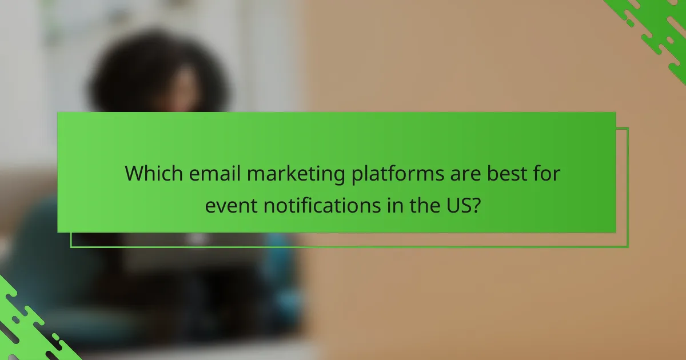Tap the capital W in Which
[134, 174]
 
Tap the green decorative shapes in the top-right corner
[657, 29]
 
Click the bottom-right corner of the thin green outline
[628, 247]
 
